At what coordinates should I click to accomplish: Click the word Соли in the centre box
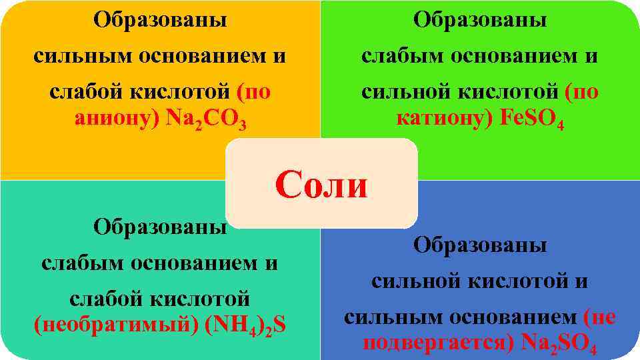pyautogui.click(x=321, y=185)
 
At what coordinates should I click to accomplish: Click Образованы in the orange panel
pyautogui.click(x=159, y=19)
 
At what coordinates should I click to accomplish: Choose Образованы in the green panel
pyautogui.click(x=480, y=19)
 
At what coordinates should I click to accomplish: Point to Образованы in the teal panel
pyautogui.click(x=159, y=227)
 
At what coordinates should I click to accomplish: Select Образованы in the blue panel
pyautogui.click(x=480, y=245)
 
